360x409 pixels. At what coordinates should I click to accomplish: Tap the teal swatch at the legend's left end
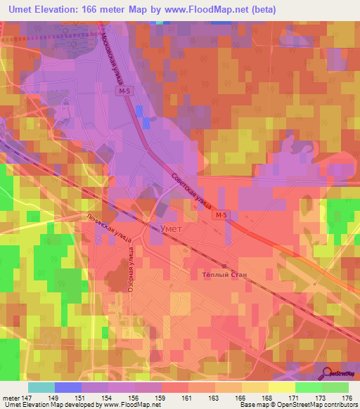[41, 387]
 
